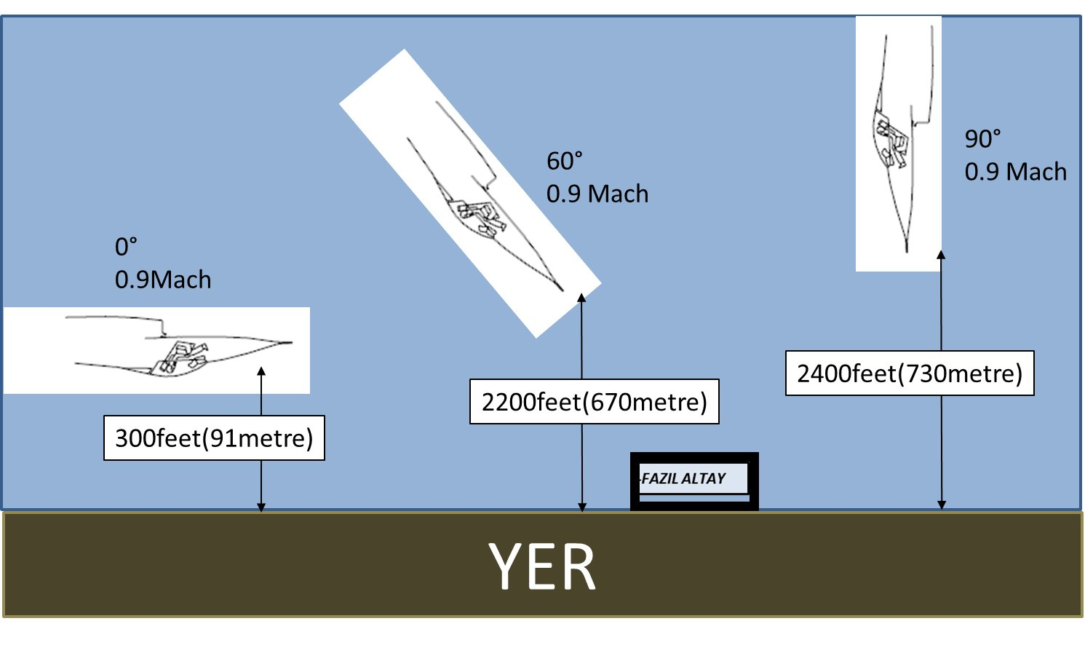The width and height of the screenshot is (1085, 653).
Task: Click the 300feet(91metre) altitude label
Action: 214,438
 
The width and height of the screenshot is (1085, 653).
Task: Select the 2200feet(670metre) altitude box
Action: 594,402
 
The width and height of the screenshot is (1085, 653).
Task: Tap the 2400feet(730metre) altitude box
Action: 910,373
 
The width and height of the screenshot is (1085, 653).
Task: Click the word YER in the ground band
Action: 543,567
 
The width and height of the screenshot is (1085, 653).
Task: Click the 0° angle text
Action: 126,248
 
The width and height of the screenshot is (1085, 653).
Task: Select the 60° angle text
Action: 565,161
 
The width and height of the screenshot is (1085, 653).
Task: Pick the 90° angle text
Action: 982,138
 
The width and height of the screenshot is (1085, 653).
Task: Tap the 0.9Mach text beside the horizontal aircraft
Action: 163,280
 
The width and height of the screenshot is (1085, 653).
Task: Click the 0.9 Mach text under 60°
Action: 597,194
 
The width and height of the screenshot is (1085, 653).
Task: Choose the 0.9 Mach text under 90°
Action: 1016,172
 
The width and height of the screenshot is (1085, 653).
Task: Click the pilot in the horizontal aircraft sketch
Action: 180,356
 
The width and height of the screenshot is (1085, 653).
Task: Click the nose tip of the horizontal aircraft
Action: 291,342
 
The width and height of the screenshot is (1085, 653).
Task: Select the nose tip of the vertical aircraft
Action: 907,251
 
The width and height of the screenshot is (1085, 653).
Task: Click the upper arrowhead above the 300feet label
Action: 261,371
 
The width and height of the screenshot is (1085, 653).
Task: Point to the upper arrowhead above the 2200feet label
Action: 581,298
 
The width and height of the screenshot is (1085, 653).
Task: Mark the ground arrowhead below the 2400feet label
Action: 942,504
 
